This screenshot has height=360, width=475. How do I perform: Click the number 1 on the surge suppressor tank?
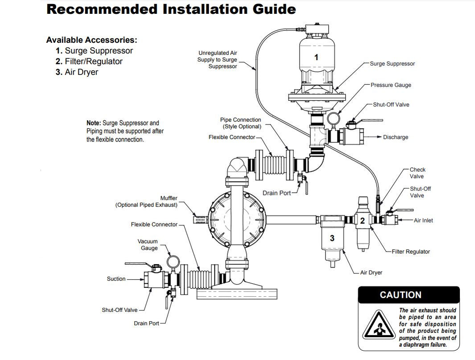pos(316,57)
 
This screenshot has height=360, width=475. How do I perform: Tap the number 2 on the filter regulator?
pos(363,220)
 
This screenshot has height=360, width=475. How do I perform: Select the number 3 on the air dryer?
pos(332,239)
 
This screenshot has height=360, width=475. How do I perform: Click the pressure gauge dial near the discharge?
pos(333,118)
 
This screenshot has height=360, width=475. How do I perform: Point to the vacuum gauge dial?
pos(172,260)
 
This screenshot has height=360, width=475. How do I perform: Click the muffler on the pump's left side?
pos(199,219)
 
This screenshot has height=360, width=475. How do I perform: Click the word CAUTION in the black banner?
pos(400,295)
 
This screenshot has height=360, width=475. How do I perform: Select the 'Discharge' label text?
pos(395,137)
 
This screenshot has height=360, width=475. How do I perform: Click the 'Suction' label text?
pos(116,279)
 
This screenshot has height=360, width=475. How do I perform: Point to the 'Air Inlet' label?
pos(423,220)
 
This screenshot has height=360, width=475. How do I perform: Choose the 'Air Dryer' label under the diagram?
pos(371,273)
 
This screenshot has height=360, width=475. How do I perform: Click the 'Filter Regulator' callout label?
pos(411,252)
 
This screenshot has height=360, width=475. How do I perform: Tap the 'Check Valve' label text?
pos(417,173)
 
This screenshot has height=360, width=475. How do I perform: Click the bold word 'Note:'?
pos(94,123)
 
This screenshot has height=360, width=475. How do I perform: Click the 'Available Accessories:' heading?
pos(91,40)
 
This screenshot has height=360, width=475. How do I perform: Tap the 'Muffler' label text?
pos(169,198)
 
